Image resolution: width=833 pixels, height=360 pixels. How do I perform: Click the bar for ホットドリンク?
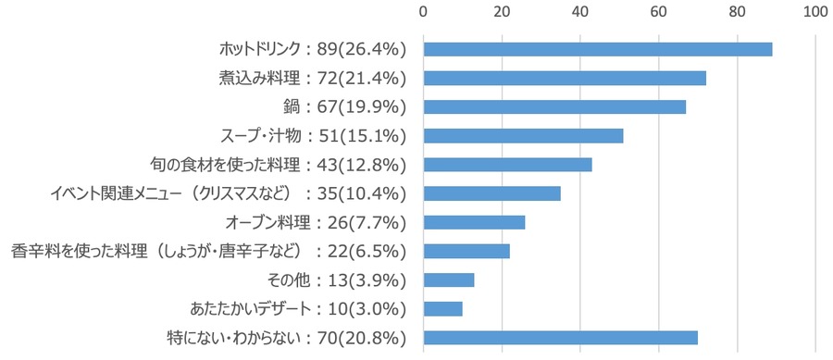coord(597,49)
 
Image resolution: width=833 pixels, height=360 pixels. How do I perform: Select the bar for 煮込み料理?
coord(565,78)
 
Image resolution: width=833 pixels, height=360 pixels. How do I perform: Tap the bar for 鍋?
coord(554,106)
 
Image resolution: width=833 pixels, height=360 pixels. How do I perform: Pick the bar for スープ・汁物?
coord(523,136)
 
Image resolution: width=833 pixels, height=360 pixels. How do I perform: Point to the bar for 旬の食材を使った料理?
coord(507,165)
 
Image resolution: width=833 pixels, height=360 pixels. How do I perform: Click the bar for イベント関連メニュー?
coord(491,193)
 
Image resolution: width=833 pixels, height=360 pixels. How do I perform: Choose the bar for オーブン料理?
coord(474,222)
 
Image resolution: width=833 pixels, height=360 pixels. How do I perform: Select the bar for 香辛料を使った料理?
coord(466,251)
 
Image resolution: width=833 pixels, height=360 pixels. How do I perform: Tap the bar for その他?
coord(449,279)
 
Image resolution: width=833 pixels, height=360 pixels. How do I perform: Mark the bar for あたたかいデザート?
coord(442,308)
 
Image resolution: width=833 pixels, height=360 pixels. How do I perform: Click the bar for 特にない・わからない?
coord(560,337)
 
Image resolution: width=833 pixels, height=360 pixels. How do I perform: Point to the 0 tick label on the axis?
coord(423,12)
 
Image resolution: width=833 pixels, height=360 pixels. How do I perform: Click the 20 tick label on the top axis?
coord(502,12)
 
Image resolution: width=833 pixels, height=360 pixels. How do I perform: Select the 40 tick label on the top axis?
coord(580,12)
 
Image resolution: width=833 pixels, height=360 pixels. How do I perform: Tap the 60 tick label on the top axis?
coord(659,12)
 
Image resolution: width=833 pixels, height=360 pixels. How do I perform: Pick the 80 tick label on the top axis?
coord(737,12)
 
